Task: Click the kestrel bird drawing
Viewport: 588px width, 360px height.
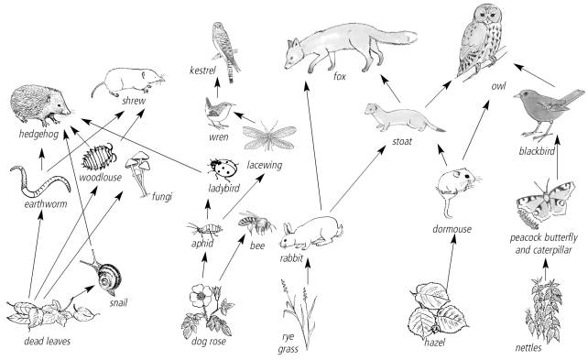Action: tap(225, 51)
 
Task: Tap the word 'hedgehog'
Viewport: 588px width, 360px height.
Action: tap(38, 135)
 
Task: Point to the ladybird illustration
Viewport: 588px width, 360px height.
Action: tap(224, 169)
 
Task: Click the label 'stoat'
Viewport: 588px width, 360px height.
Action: tap(402, 141)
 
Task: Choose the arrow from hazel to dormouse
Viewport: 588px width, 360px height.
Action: tap(451, 265)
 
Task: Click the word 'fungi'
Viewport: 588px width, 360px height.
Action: tap(161, 196)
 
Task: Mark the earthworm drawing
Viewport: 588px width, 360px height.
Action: tap(40, 182)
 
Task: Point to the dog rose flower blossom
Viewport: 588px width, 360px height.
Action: tap(199, 295)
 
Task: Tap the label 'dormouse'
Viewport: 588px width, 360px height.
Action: tap(452, 229)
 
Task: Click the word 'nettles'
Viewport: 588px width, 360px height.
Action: tap(528, 347)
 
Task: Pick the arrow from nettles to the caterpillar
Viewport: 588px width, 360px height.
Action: tap(545, 269)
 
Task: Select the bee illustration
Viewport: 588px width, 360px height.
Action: tap(256, 224)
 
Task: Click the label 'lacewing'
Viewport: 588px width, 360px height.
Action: tap(265, 165)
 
